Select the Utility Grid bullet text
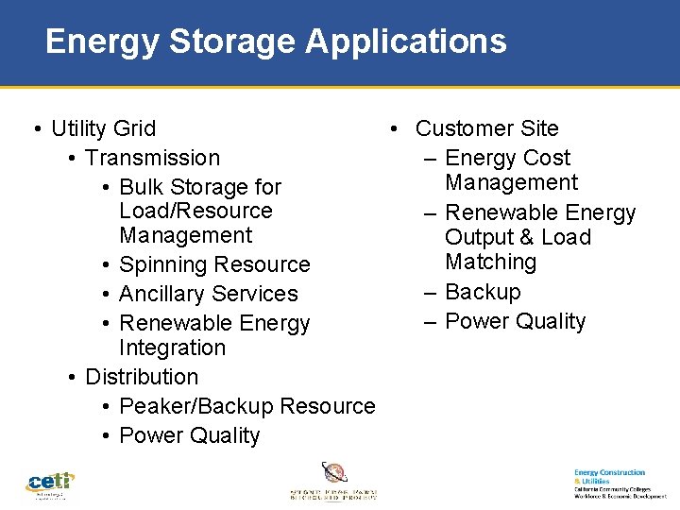click(104, 128)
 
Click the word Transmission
click(152, 158)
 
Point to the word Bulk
click(141, 187)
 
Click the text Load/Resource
click(195, 211)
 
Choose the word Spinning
click(161, 264)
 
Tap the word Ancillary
click(161, 294)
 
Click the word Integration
click(172, 348)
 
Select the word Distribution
click(142, 377)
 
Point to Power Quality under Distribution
click(189, 435)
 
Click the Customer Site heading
click(486, 128)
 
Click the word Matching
click(490, 262)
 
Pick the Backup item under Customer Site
click(483, 292)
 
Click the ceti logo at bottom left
click(50, 483)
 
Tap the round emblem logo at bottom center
click(333, 473)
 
